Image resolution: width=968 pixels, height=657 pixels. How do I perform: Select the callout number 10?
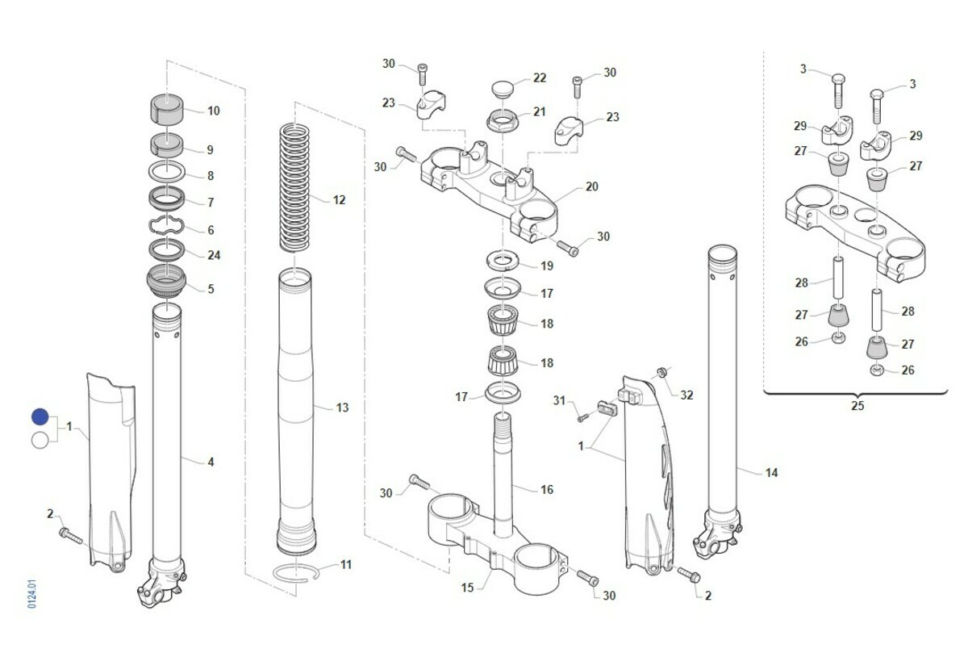click(214, 111)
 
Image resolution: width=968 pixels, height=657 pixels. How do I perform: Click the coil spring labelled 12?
click(295, 186)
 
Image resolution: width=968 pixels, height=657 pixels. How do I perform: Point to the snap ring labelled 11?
click(296, 571)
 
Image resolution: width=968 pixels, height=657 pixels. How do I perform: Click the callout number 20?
click(591, 186)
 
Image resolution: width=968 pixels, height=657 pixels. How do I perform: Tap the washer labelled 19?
click(503, 262)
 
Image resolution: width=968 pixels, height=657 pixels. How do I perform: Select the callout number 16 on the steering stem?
click(547, 489)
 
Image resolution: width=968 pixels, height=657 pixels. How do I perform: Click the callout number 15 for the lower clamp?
click(467, 588)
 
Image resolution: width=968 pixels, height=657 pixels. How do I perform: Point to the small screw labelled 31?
click(582, 417)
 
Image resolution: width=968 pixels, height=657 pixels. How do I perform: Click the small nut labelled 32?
click(661, 372)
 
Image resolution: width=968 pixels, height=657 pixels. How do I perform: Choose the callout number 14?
click(772, 472)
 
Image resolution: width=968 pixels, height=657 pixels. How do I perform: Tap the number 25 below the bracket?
click(857, 406)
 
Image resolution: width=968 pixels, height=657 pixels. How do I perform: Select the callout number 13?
click(343, 408)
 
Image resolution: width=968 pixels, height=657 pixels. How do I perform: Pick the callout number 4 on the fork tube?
click(211, 462)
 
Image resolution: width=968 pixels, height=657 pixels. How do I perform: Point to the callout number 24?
click(214, 255)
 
